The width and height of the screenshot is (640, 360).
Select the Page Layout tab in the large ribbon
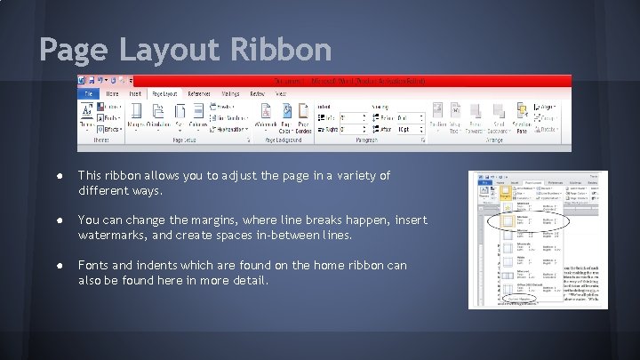pos(164,93)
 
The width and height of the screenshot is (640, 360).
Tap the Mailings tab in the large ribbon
pos(230,93)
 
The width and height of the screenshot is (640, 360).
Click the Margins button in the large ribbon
pos(136,116)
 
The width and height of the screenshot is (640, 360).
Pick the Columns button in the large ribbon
pos(199,116)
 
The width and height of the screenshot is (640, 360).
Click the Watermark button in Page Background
pos(267,116)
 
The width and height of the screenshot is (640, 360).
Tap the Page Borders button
pos(305,116)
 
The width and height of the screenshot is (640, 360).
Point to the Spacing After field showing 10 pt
pos(409,130)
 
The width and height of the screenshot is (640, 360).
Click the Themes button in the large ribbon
pos(87,116)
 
